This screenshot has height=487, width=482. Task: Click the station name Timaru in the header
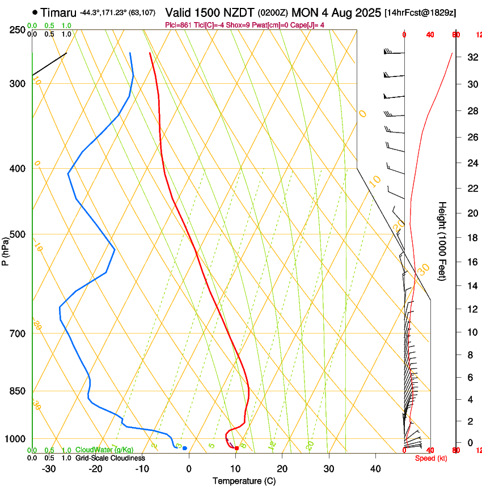coord(59,12)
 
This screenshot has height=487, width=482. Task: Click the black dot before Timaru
coord(35,12)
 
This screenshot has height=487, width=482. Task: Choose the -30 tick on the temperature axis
coord(49,468)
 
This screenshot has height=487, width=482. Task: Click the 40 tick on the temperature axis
coord(375,468)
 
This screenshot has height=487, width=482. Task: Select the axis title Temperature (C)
coord(244,481)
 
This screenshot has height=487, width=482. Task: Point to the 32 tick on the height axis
coord(471,57)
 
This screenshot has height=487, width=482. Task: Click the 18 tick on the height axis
coord(471,238)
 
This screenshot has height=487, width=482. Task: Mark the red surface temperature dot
coord(236,448)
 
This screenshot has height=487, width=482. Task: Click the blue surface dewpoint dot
coord(185,448)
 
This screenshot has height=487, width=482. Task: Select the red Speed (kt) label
coord(431,458)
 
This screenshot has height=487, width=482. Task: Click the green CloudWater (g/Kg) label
coord(104,450)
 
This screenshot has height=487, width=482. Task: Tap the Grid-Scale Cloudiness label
coord(110,458)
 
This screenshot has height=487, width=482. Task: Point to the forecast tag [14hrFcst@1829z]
coord(420,12)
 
